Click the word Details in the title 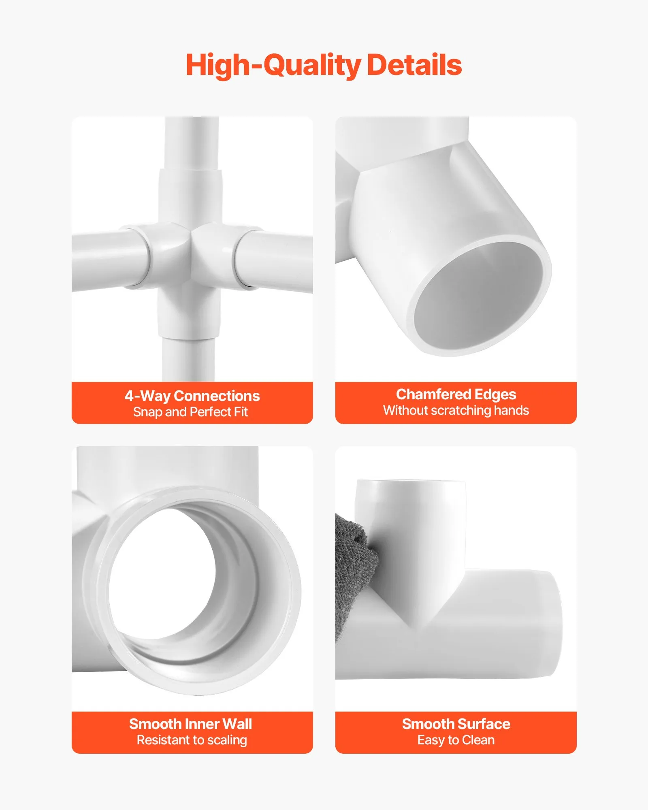point(414,65)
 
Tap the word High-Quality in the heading point(273,66)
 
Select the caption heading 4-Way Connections point(192,396)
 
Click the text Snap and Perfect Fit point(190,412)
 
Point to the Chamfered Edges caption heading point(456,394)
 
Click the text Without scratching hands point(456,410)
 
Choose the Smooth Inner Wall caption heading point(190,724)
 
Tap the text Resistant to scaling point(192,740)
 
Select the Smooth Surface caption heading point(456,724)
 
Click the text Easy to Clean point(456,740)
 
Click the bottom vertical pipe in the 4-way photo point(188,358)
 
